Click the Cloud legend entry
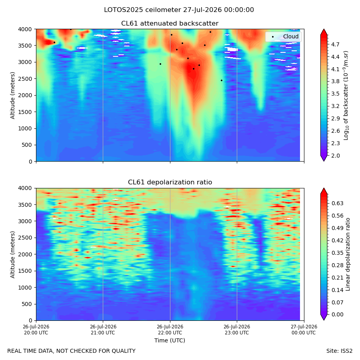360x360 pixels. [x=285, y=36]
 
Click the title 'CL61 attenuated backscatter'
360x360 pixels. [x=170, y=24]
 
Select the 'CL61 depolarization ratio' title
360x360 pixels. [x=170, y=182]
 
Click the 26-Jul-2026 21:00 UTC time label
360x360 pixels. [x=103, y=330]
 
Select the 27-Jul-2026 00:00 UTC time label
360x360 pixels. [x=304, y=330]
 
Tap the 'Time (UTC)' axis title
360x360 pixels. [x=170, y=340]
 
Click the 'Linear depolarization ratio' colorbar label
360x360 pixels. [x=348, y=254]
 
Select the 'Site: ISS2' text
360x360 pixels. [x=339, y=351]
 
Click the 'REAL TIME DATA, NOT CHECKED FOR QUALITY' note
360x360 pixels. [x=72, y=351]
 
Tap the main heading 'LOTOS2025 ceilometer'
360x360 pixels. [x=142, y=10]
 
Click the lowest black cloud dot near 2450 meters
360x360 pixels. [x=222, y=80]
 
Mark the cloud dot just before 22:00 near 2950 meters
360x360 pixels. [x=160, y=64]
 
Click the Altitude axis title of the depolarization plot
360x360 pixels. [x=12, y=254]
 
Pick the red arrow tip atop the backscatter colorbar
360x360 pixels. [x=324, y=29]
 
